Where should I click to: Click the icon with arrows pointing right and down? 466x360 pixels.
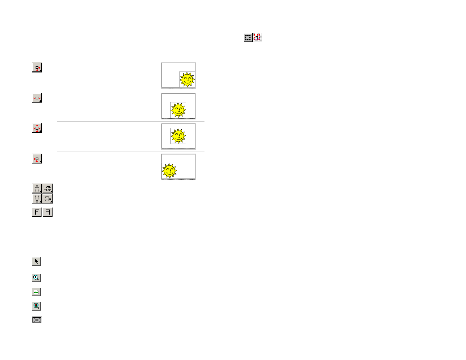(x=37, y=68)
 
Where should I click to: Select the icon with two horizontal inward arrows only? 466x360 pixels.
(x=37, y=98)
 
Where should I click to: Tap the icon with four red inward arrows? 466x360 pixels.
(x=37, y=128)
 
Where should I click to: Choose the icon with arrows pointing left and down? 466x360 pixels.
(x=37, y=159)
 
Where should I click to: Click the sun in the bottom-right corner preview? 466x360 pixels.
(x=187, y=80)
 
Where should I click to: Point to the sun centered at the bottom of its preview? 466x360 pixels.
(x=178, y=110)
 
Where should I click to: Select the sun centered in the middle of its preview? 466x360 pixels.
(x=178, y=136)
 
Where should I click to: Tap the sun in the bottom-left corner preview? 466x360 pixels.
(x=169, y=170)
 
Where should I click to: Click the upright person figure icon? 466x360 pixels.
(x=37, y=188)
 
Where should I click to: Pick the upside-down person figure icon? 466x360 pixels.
(x=37, y=198)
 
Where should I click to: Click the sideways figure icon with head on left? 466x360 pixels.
(x=48, y=188)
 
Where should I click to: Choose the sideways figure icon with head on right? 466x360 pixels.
(x=48, y=198)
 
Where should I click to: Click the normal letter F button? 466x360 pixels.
(x=37, y=212)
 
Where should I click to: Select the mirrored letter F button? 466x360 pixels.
(x=48, y=212)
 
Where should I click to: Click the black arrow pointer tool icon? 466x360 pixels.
(x=36, y=261)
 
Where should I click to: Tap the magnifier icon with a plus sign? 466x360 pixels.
(x=36, y=278)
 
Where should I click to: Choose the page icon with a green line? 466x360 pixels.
(x=36, y=292)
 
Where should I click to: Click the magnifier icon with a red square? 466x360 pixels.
(x=36, y=306)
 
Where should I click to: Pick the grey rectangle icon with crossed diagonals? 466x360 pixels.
(x=37, y=320)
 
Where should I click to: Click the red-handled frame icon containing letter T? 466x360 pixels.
(x=257, y=37)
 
